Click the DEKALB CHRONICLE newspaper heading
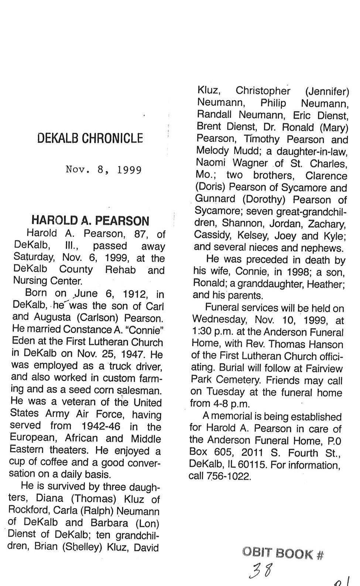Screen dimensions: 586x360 pos(90,138)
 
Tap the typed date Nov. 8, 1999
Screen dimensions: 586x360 pos(104,170)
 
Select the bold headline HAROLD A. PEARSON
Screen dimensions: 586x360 pos(90,221)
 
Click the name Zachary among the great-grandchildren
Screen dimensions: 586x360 pos(328,224)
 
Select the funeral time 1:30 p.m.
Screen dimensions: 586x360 pos(210,332)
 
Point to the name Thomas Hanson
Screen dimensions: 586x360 pos(306,344)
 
